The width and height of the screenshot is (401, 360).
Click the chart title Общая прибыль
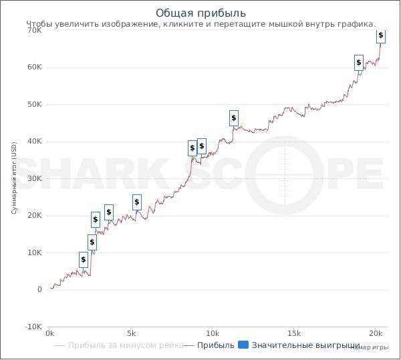point(200,13)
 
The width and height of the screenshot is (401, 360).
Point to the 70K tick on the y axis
point(34,31)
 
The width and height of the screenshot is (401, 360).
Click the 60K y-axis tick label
point(34,67)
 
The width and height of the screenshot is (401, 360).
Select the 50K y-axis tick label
point(34,105)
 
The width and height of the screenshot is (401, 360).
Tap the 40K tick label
point(34,142)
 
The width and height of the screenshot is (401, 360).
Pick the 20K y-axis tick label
point(34,216)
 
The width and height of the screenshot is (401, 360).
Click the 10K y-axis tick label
point(34,252)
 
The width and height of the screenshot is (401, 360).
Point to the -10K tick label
point(33,327)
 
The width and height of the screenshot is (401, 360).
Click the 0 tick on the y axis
point(40,290)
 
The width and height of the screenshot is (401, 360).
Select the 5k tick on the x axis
point(131,333)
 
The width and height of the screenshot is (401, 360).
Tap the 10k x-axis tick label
point(213,333)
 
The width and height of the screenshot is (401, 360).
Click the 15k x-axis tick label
point(294,333)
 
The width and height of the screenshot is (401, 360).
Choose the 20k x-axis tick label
point(376,333)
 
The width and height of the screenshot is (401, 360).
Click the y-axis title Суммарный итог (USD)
point(13,178)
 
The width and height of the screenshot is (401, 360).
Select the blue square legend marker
point(243,345)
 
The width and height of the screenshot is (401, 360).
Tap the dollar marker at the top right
point(381,35)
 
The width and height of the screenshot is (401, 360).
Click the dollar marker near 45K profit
point(234,118)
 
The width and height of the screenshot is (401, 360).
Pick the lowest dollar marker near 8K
point(84,260)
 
